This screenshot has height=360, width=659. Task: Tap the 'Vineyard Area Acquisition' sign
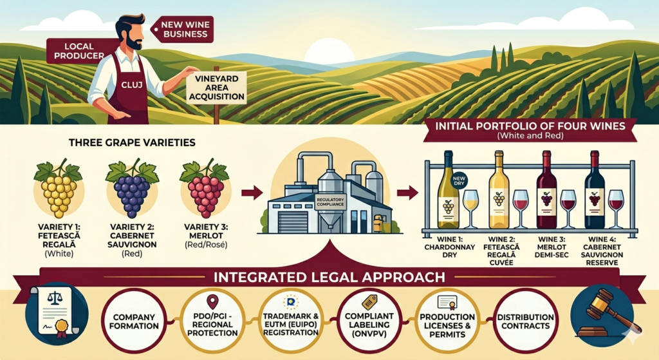tap(216, 88)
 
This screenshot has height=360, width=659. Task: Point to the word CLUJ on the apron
tap(131, 84)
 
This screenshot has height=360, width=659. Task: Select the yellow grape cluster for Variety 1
tap(59, 189)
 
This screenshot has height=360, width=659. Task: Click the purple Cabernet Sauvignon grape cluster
tap(133, 189)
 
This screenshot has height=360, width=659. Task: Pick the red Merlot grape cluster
tap(205, 189)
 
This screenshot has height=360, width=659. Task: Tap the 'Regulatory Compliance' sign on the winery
tap(330, 202)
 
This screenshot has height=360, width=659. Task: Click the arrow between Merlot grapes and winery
tap(252, 193)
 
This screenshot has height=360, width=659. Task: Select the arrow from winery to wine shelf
tap(407, 193)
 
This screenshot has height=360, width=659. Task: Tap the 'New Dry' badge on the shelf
tap(459, 181)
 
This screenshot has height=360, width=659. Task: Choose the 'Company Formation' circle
tap(134, 321)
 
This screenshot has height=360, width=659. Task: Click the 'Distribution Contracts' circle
tap(525, 321)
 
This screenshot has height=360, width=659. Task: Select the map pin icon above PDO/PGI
tap(212, 301)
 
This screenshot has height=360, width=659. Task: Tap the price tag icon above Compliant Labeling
tap(369, 302)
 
